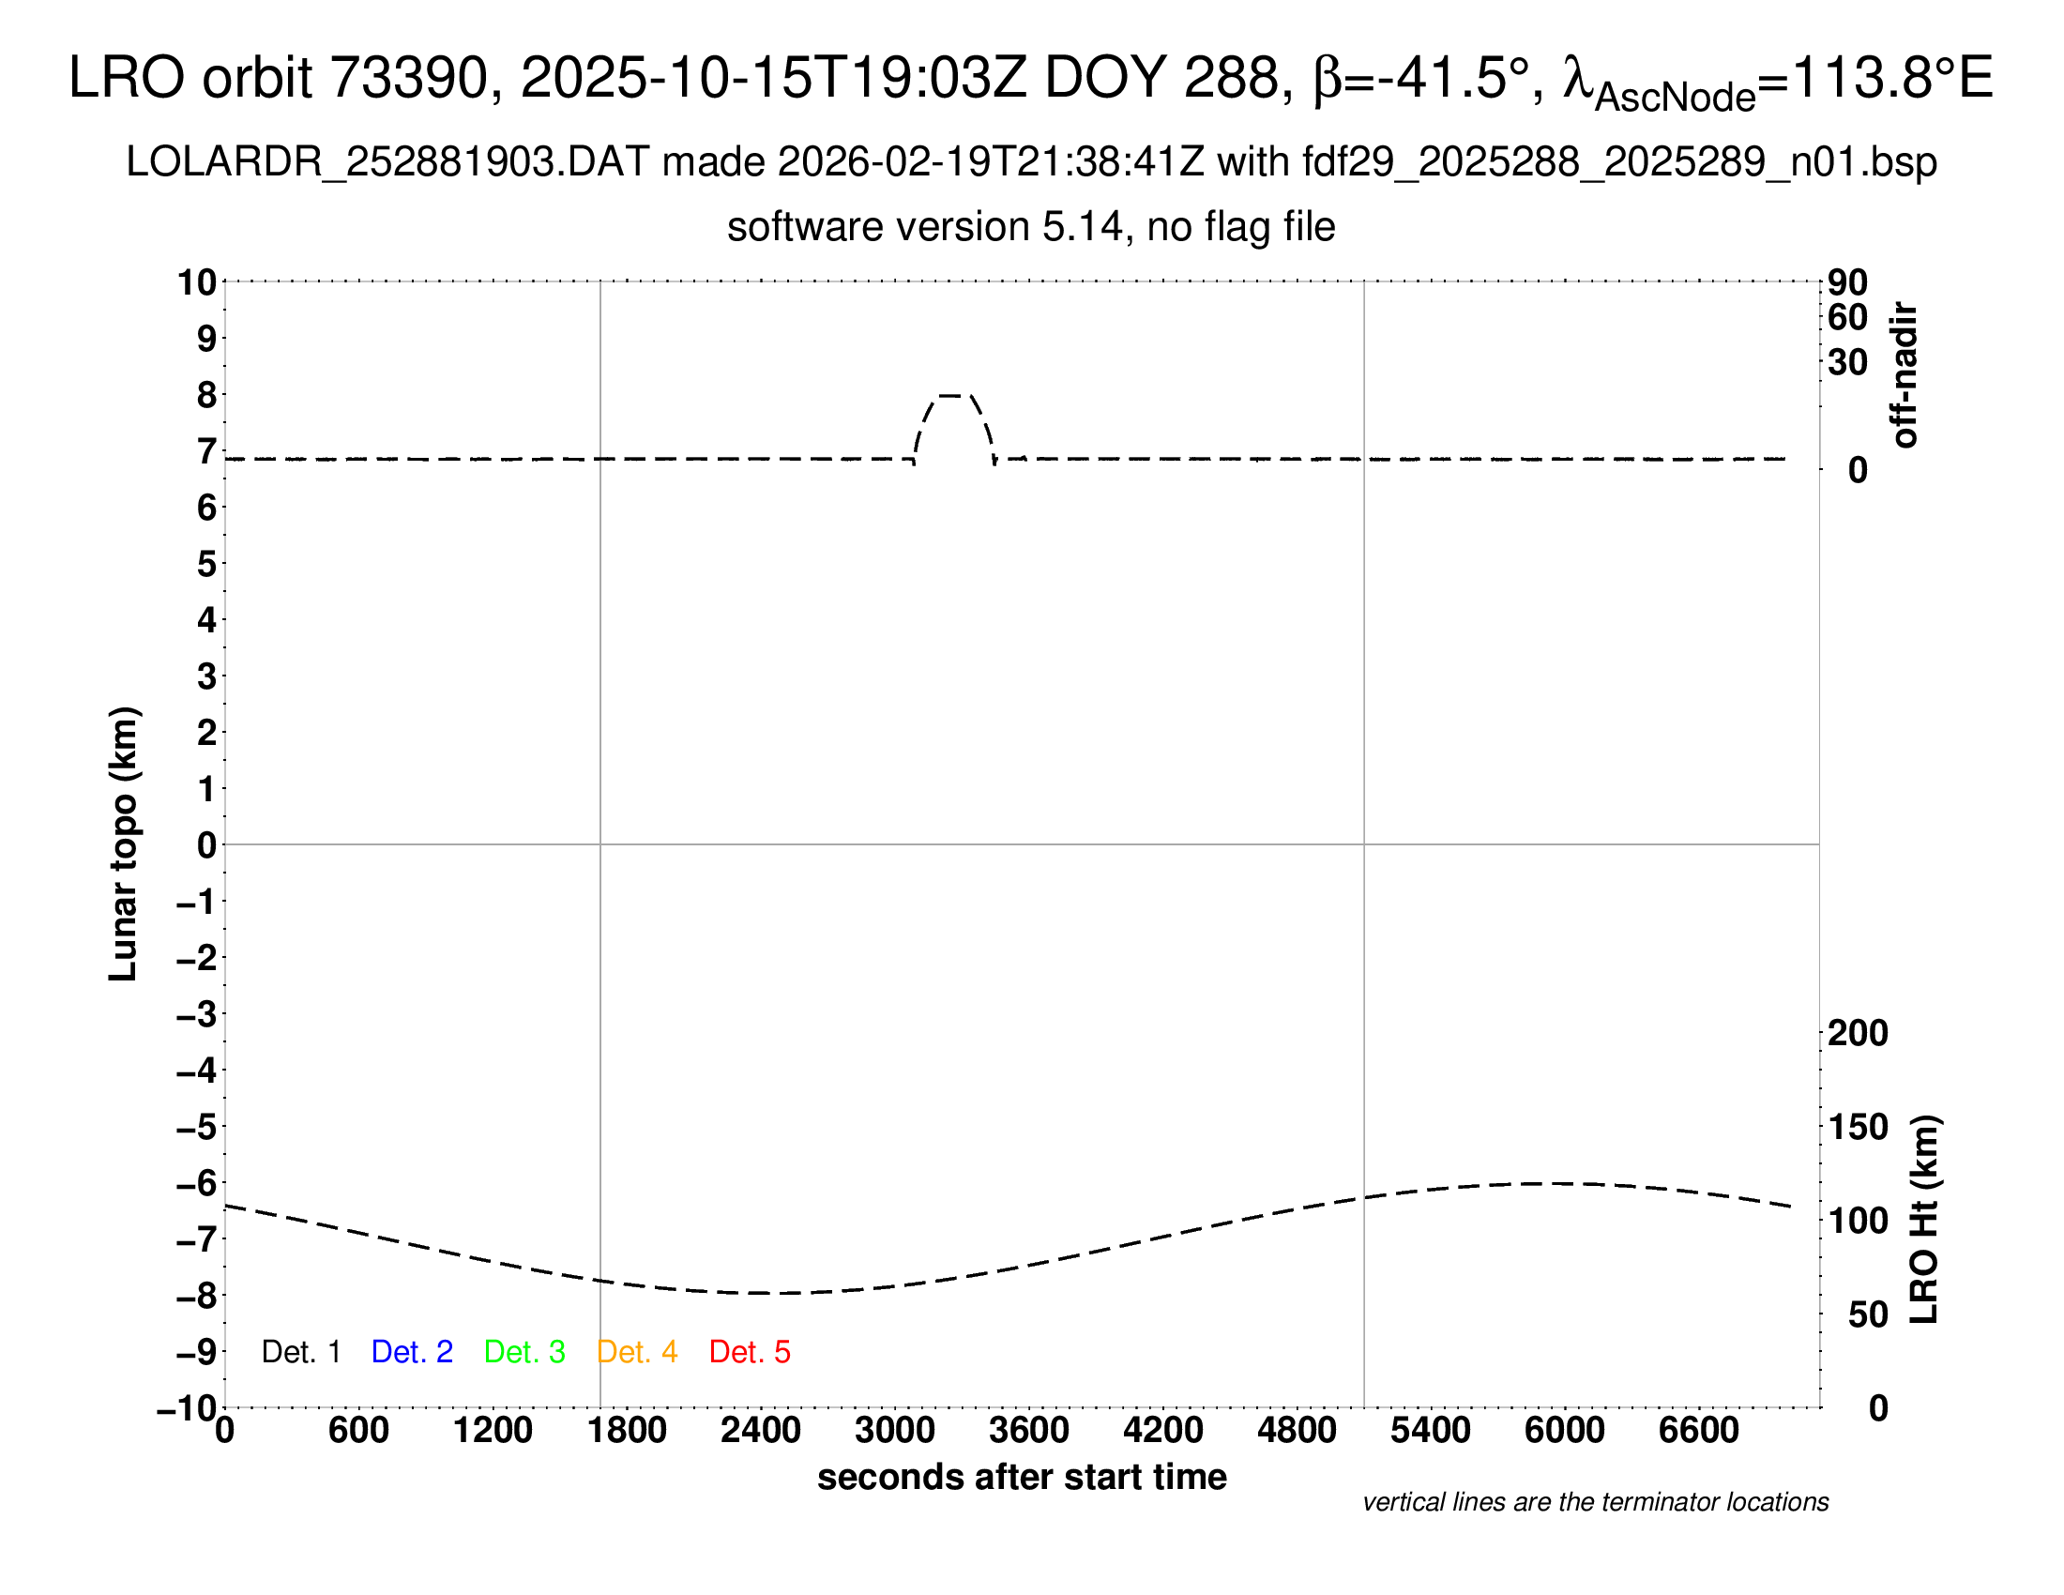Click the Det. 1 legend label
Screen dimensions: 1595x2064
click(300, 1352)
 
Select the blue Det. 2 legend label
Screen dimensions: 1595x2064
click(412, 1352)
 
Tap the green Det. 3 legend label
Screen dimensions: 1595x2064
click(524, 1352)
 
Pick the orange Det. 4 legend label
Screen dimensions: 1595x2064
click(637, 1352)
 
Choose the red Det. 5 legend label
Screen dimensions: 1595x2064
click(750, 1352)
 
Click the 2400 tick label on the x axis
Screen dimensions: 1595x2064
click(761, 1431)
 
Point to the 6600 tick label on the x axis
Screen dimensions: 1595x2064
click(1698, 1431)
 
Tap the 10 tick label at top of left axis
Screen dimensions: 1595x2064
click(197, 282)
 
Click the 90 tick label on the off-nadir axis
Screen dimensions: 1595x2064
click(1847, 282)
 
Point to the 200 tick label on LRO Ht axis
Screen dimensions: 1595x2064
click(1858, 1033)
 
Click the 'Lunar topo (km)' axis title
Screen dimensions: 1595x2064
click(124, 843)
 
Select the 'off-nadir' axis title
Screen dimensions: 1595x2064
click(1905, 375)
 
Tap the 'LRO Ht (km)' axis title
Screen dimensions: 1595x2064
click(1924, 1220)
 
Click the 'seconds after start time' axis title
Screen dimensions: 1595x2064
click(1022, 1477)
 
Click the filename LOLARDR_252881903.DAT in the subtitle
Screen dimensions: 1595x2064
click(387, 162)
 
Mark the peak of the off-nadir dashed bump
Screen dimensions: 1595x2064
click(952, 395)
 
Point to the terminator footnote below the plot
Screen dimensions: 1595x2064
click(1595, 1502)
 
